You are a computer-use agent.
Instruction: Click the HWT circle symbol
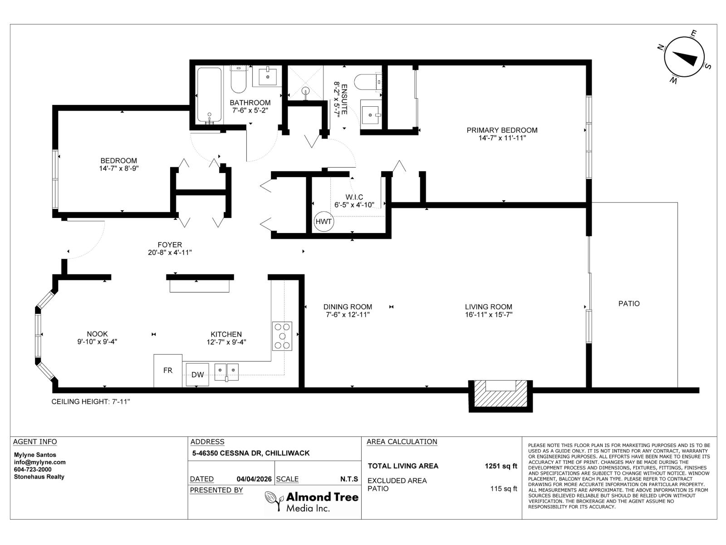(x=324, y=222)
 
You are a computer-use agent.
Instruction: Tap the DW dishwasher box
(x=197, y=375)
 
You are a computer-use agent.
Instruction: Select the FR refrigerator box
(x=168, y=371)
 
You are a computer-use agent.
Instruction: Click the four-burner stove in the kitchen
(x=282, y=336)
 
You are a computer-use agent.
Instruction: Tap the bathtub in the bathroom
(x=209, y=95)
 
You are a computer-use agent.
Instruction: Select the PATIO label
(x=629, y=303)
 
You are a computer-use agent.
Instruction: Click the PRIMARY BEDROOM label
(x=502, y=130)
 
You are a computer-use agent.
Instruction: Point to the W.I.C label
(x=354, y=197)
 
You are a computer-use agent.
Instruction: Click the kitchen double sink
(x=227, y=371)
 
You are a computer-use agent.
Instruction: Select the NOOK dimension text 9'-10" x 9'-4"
(x=98, y=342)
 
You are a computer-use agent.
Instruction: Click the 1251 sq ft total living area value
(x=501, y=466)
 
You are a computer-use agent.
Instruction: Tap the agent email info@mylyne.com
(x=40, y=462)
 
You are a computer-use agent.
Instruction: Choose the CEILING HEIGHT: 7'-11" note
(x=91, y=401)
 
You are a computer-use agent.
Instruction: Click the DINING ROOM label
(x=348, y=307)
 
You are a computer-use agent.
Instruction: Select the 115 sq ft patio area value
(x=504, y=489)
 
